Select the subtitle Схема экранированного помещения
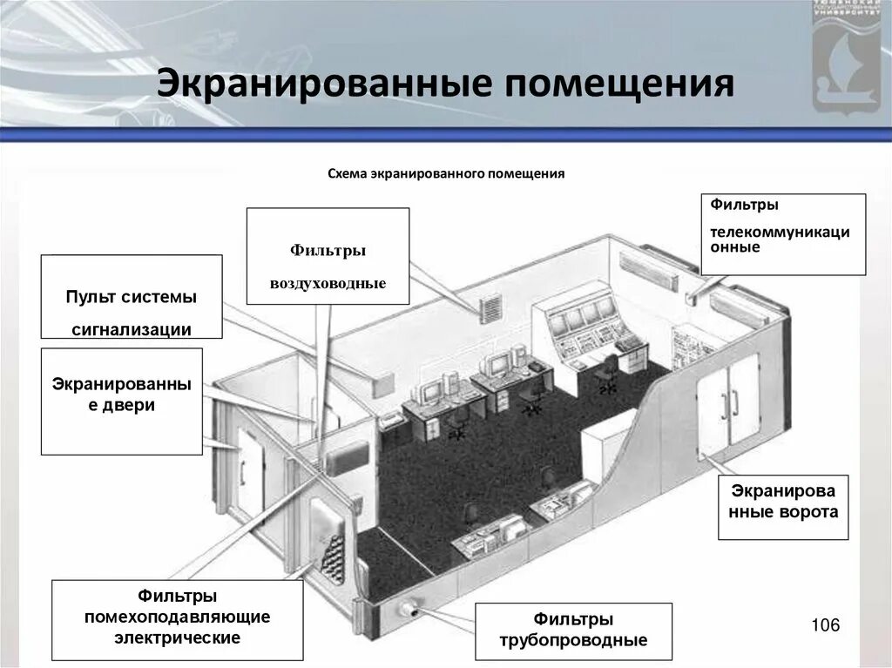446,174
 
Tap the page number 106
824,624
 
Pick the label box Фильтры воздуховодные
328,256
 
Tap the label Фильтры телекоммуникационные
784,234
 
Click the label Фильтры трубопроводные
573,631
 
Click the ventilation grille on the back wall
491,308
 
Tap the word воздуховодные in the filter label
328,284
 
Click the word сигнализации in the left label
132,329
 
